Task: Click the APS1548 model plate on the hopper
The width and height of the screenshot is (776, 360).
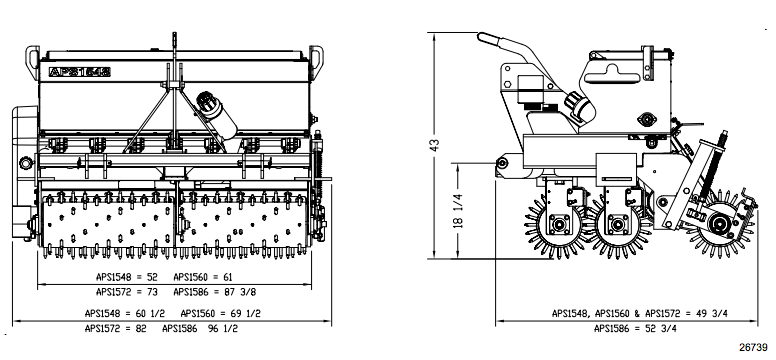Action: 79,72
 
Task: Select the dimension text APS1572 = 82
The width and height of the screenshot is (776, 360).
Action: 117,327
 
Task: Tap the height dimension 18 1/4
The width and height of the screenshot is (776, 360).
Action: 459,213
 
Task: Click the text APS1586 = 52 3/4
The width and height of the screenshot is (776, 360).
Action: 636,327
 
